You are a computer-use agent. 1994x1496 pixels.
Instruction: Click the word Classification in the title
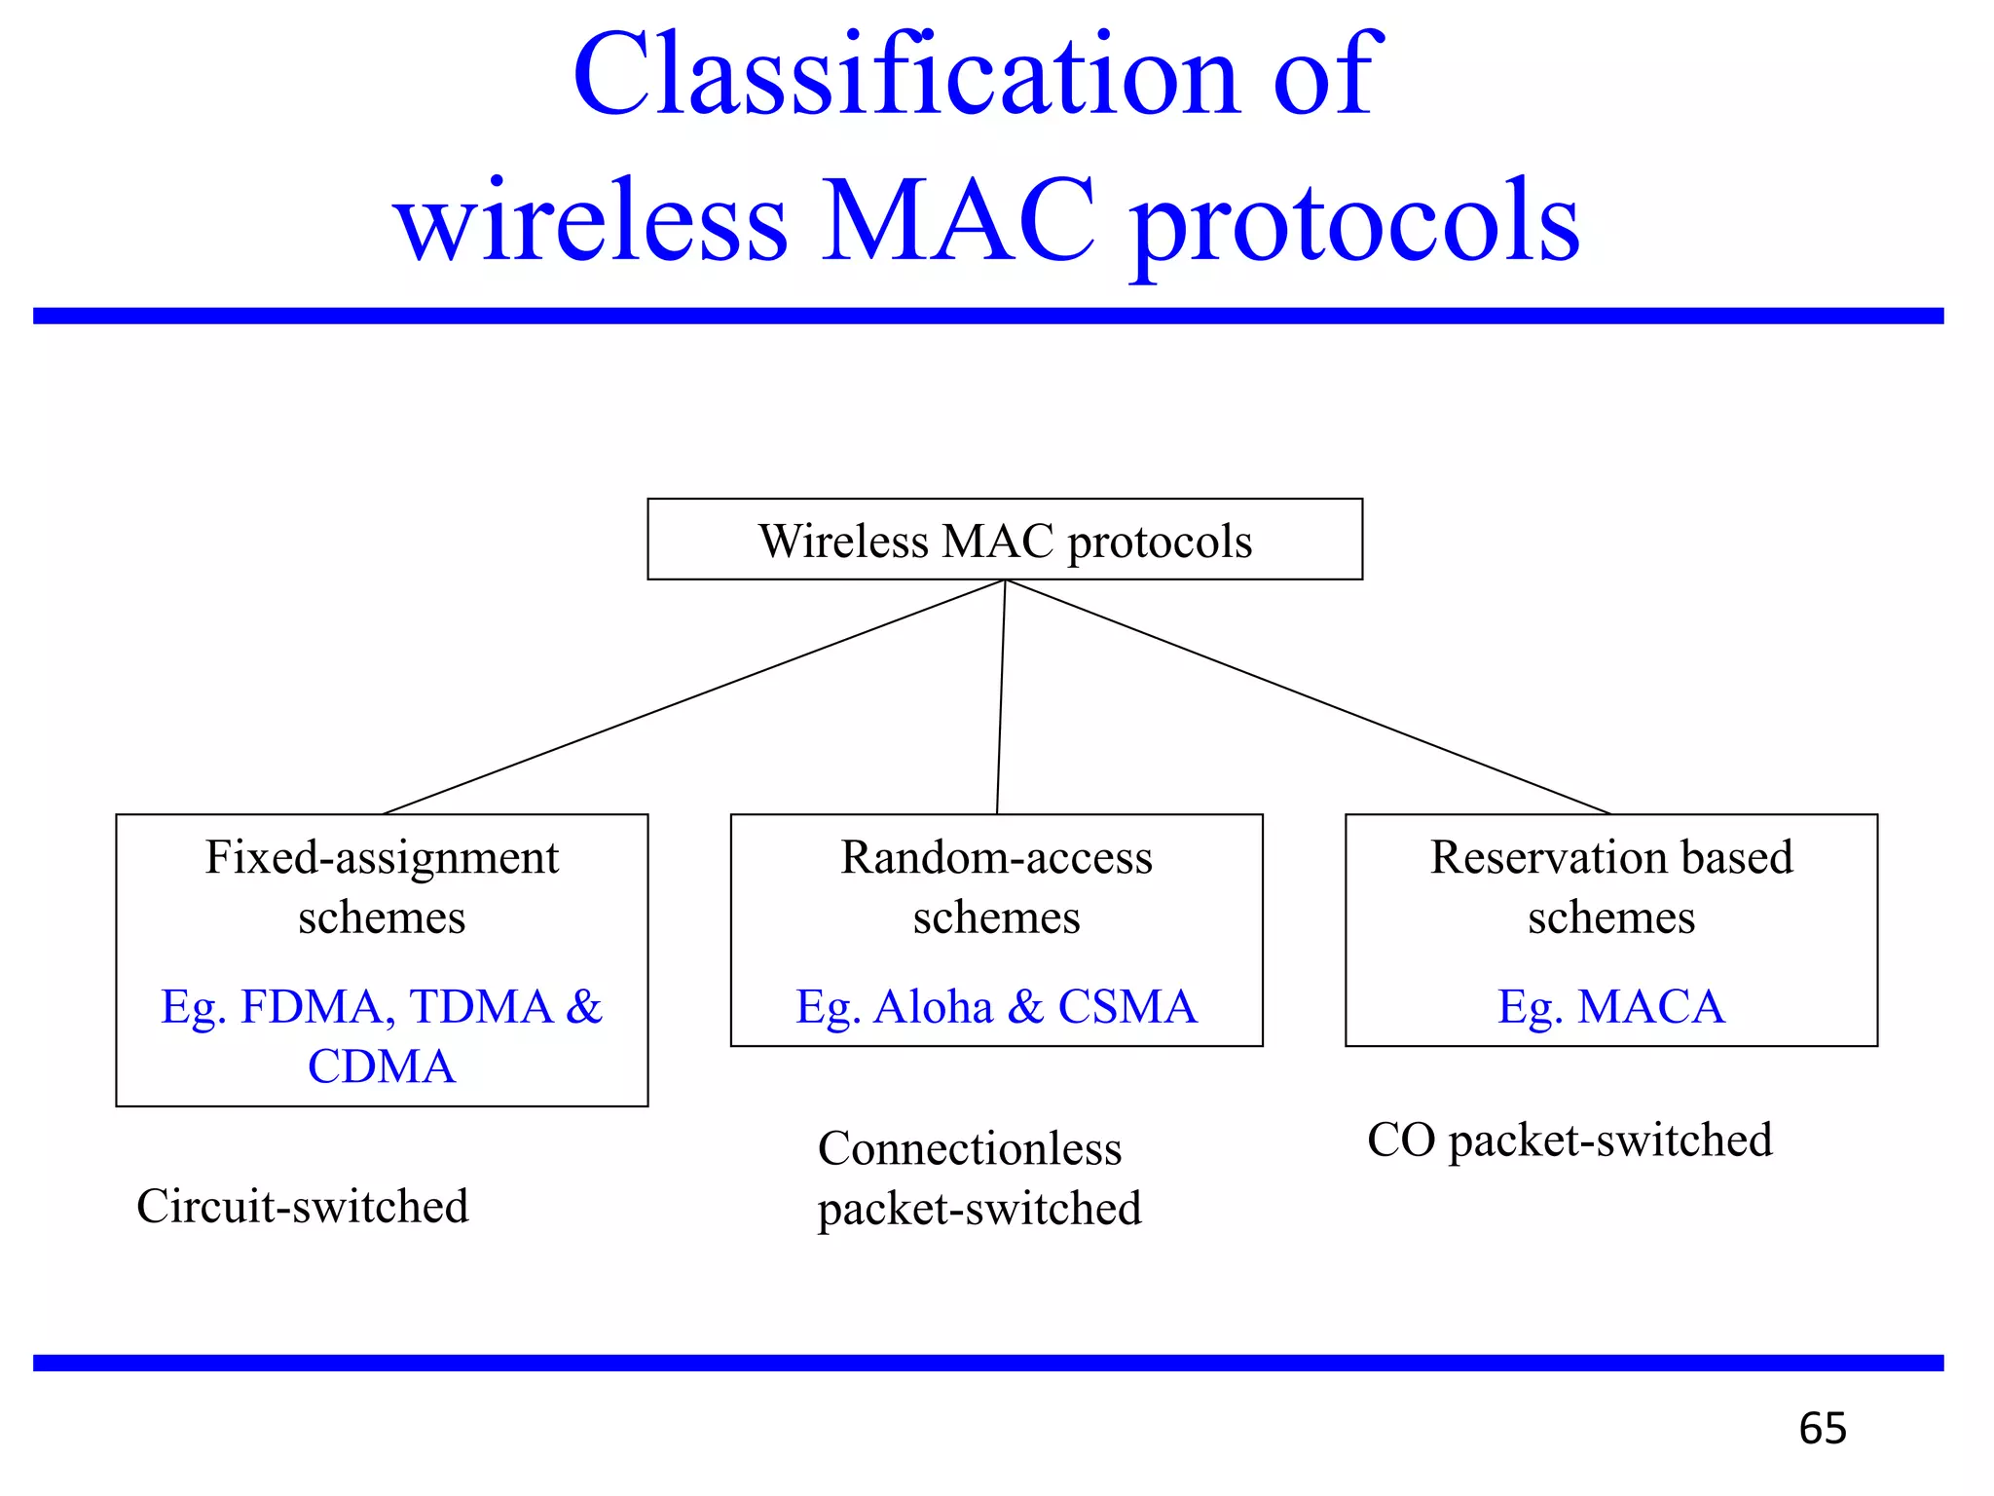pyautogui.click(x=905, y=76)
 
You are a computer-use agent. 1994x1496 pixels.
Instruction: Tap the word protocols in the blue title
pyautogui.click(x=1355, y=226)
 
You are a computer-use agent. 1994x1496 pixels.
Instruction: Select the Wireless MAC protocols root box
pyautogui.click(x=1005, y=540)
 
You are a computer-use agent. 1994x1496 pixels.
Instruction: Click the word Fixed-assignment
pyautogui.click(x=382, y=858)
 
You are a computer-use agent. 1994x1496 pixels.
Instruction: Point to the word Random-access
pyautogui.click(x=996, y=858)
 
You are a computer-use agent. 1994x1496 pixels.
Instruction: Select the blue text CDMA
pyautogui.click(x=382, y=1066)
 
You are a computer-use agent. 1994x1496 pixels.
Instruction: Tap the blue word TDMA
pyautogui.click(x=481, y=1007)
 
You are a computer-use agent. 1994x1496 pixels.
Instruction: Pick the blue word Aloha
pyautogui.click(x=933, y=1007)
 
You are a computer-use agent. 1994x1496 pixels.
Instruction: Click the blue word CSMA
pyautogui.click(x=1126, y=1007)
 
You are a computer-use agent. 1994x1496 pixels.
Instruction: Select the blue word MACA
pyautogui.click(x=1650, y=1007)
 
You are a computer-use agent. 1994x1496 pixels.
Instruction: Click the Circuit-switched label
pyautogui.click(x=302, y=1207)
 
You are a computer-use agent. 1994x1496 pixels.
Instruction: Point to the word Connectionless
pyautogui.click(x=970, y=1148)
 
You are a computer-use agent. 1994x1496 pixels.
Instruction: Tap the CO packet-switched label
pyautogui.click(x=1569, y=1141)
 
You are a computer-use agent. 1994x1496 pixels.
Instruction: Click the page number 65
pyautogui.click(x=1822, y=1429)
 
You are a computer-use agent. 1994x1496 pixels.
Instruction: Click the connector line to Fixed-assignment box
pyautogui.click(x=693, y=697)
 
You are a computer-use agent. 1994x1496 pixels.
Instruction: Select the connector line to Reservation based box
pyautogui.click(x=1308, y=697)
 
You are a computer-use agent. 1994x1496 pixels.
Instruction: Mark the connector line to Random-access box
pyautogui.click(x=1001, y=697)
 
